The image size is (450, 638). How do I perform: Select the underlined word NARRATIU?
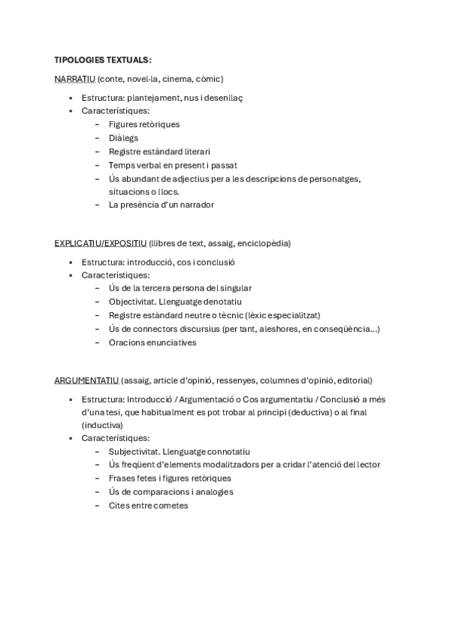point(74,78)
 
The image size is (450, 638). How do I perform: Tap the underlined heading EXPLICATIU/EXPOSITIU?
point(101,243)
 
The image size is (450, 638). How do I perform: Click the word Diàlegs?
point(123,138)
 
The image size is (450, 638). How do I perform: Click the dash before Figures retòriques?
point(98,124)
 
